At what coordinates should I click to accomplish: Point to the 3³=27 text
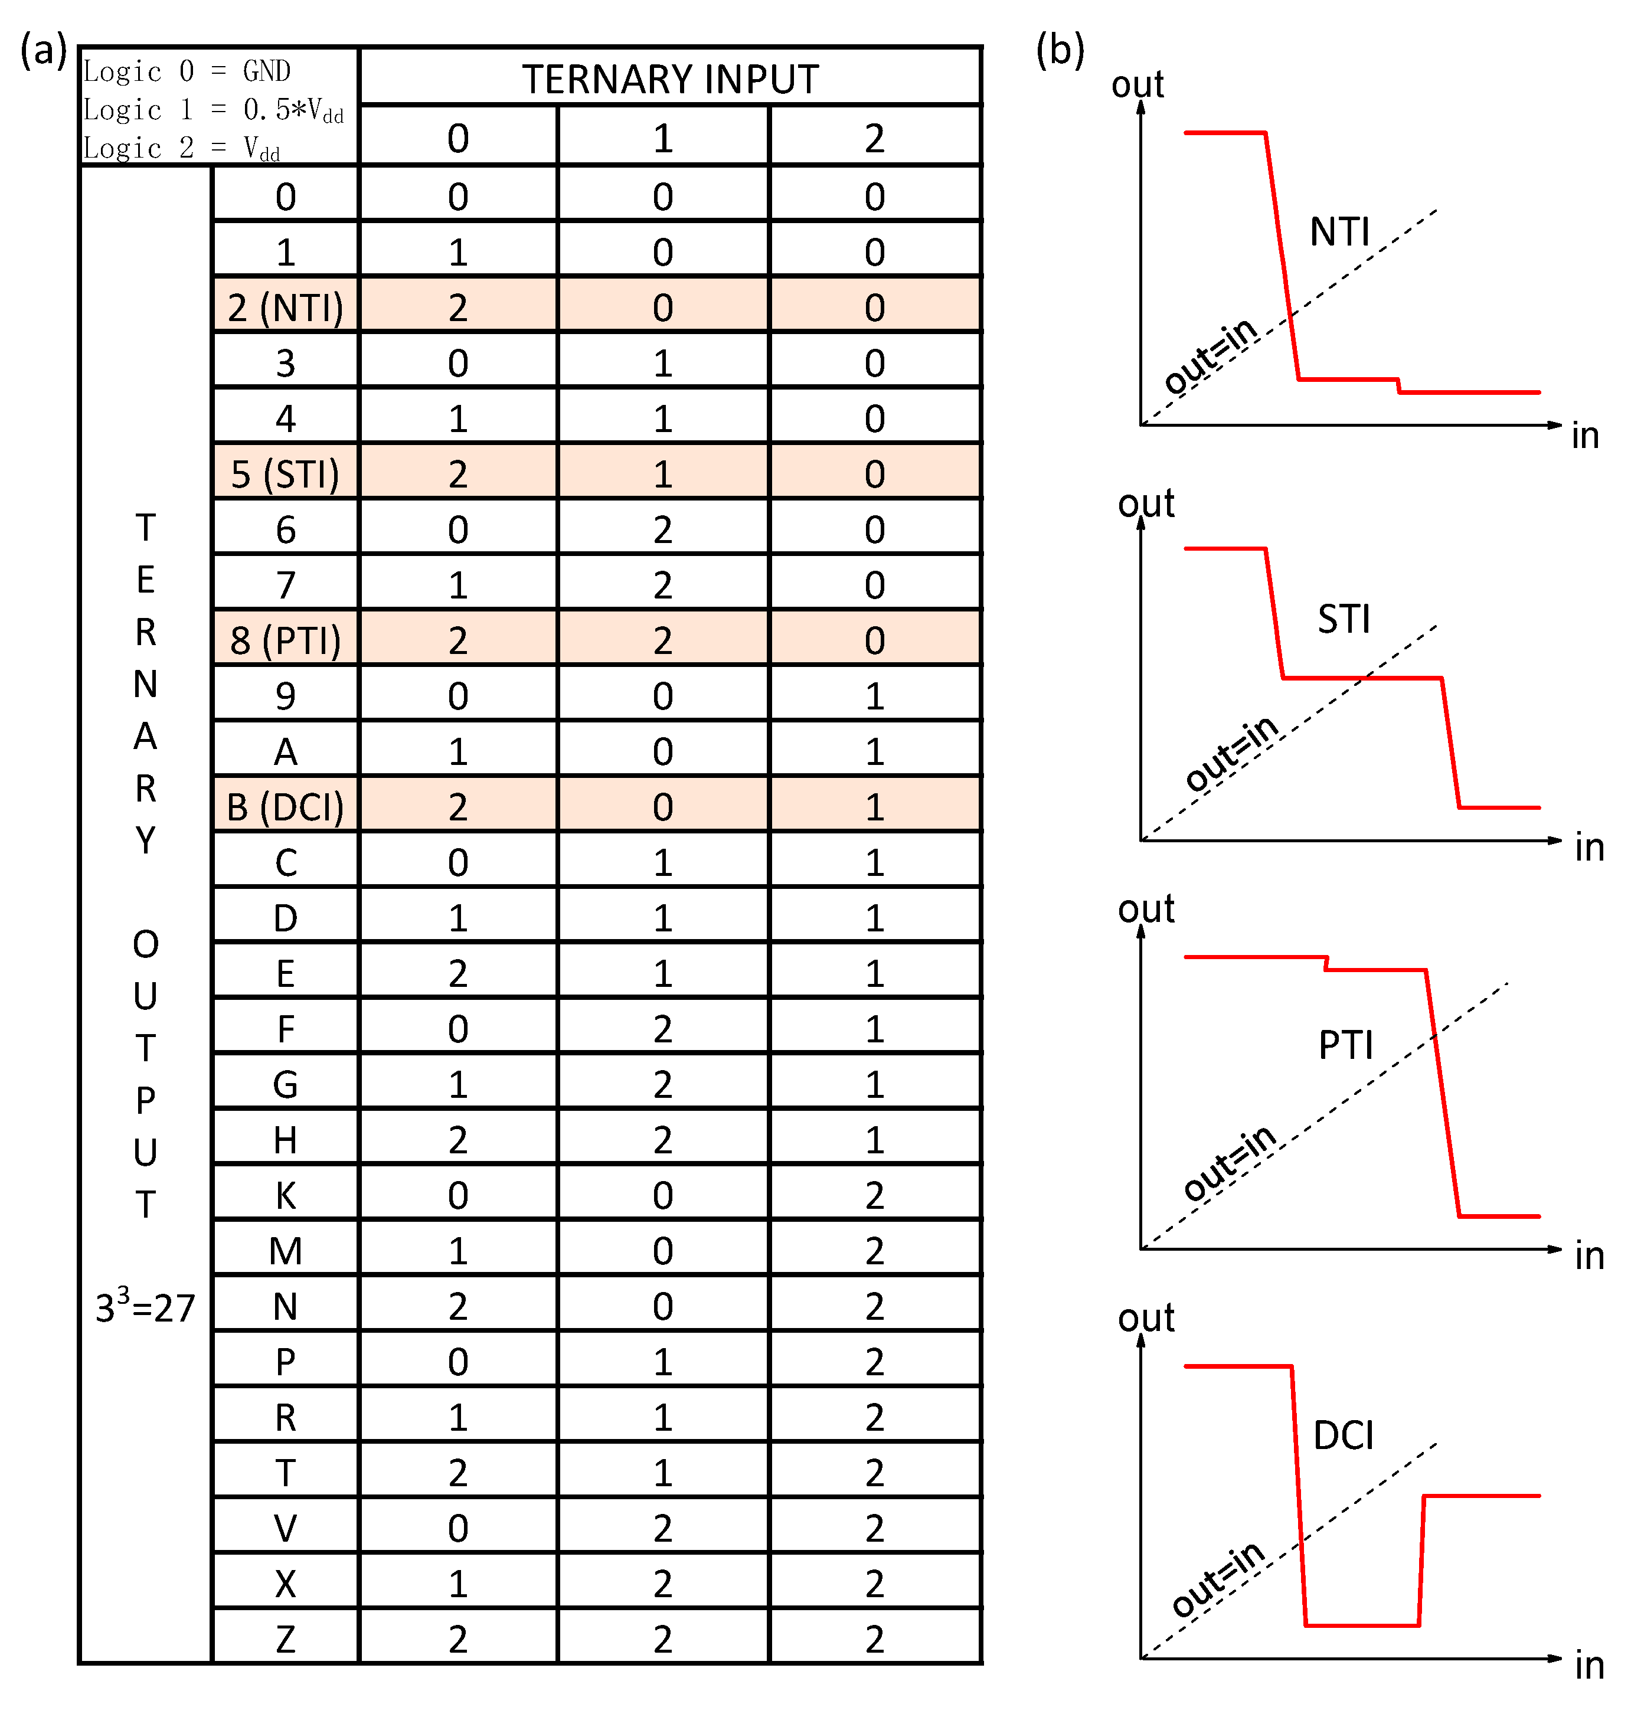(x=145, y=1307)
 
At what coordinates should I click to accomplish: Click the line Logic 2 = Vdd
(x=182, y=149)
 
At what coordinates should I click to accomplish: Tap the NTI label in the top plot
(x=1340, y=232)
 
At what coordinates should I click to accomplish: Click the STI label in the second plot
(x=1343, y=619)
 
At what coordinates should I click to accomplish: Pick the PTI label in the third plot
(x=1345, y=1044)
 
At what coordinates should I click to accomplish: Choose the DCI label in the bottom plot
(x=1343, y=1435)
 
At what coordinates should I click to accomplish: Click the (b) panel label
(x=1060, y=50)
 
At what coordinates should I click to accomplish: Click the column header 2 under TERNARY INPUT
(x=875, y=138)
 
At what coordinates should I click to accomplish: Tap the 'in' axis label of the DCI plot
(x=1589, y=1666)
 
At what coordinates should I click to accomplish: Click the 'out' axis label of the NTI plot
(x=1137, y=84)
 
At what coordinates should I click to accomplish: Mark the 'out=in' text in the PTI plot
(x=1230, y=1162)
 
